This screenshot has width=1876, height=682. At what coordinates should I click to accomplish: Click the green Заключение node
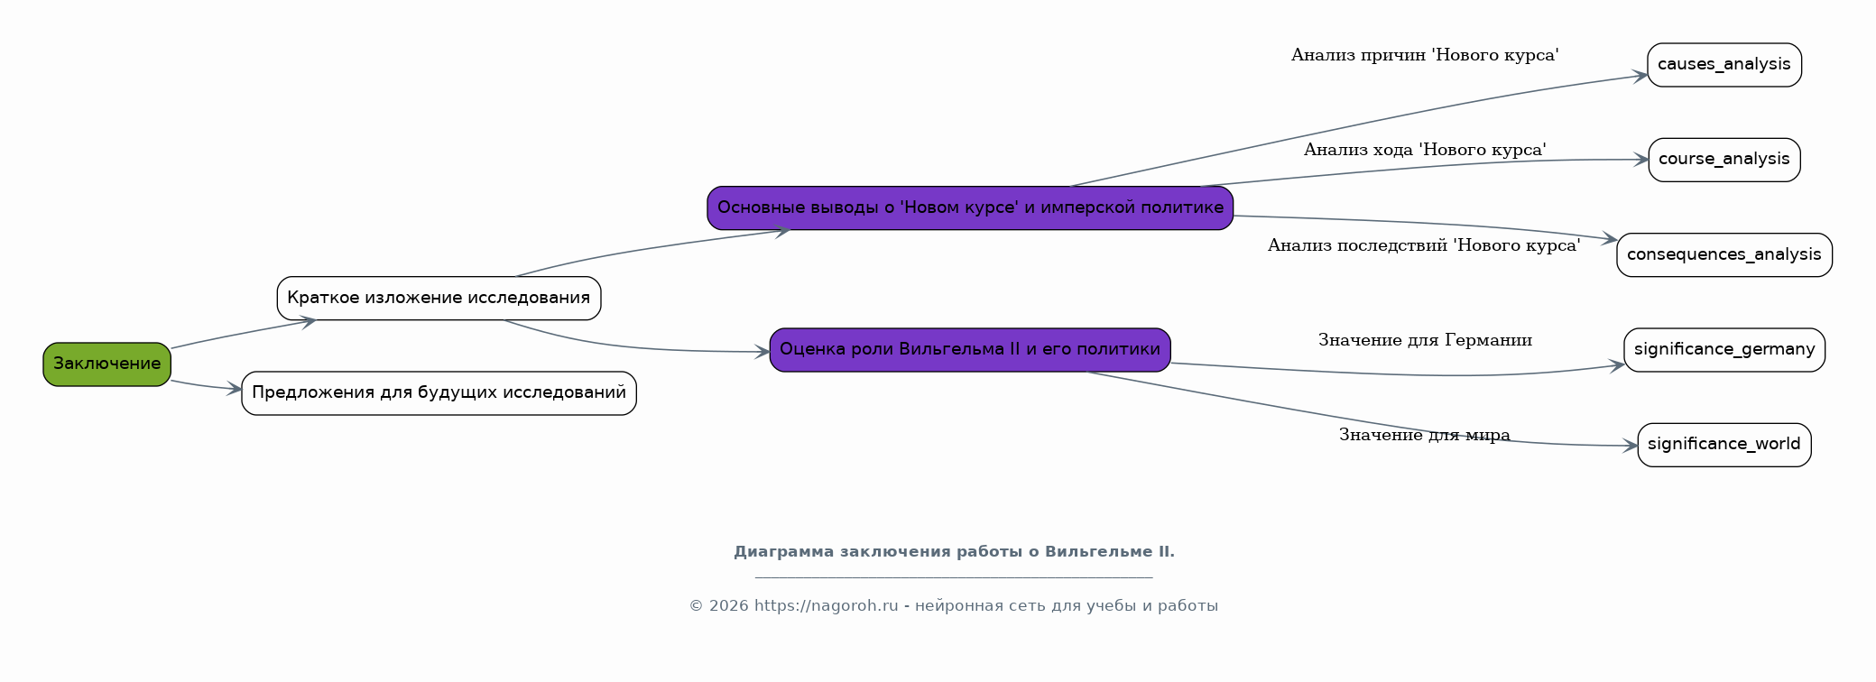(106, 364)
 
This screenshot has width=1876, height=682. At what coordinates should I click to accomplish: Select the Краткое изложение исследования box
(439, 298)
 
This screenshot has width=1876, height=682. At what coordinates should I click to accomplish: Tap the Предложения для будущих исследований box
(439, 393)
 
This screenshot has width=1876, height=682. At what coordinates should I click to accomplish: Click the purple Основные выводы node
(970, 208)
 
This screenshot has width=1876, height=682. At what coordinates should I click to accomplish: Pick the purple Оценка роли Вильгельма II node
(970, 350)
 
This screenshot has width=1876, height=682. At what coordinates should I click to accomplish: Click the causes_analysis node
(1724, 65)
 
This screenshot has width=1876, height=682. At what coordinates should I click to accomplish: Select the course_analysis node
(1724, 160)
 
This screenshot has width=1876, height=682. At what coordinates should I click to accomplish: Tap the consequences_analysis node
(1724, 255)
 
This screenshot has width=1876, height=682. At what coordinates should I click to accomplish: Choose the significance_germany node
(1724, 350)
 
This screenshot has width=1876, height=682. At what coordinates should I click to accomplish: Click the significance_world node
(1724, 445)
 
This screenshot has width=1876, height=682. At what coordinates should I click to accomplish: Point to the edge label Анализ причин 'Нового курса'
(1425, 55)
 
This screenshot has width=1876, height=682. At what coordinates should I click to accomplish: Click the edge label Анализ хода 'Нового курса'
(1425, 150)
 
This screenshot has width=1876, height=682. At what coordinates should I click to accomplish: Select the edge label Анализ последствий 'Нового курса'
(1424, 245)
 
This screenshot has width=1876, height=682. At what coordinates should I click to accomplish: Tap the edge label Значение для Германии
(1425, 340)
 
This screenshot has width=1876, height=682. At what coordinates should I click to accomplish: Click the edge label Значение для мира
(1424, 435)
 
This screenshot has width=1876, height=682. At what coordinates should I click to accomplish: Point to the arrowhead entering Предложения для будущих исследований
(234, 390)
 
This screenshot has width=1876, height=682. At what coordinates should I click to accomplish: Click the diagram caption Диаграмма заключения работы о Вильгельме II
(954, 552)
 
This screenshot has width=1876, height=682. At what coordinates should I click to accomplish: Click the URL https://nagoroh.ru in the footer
(826, 606)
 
